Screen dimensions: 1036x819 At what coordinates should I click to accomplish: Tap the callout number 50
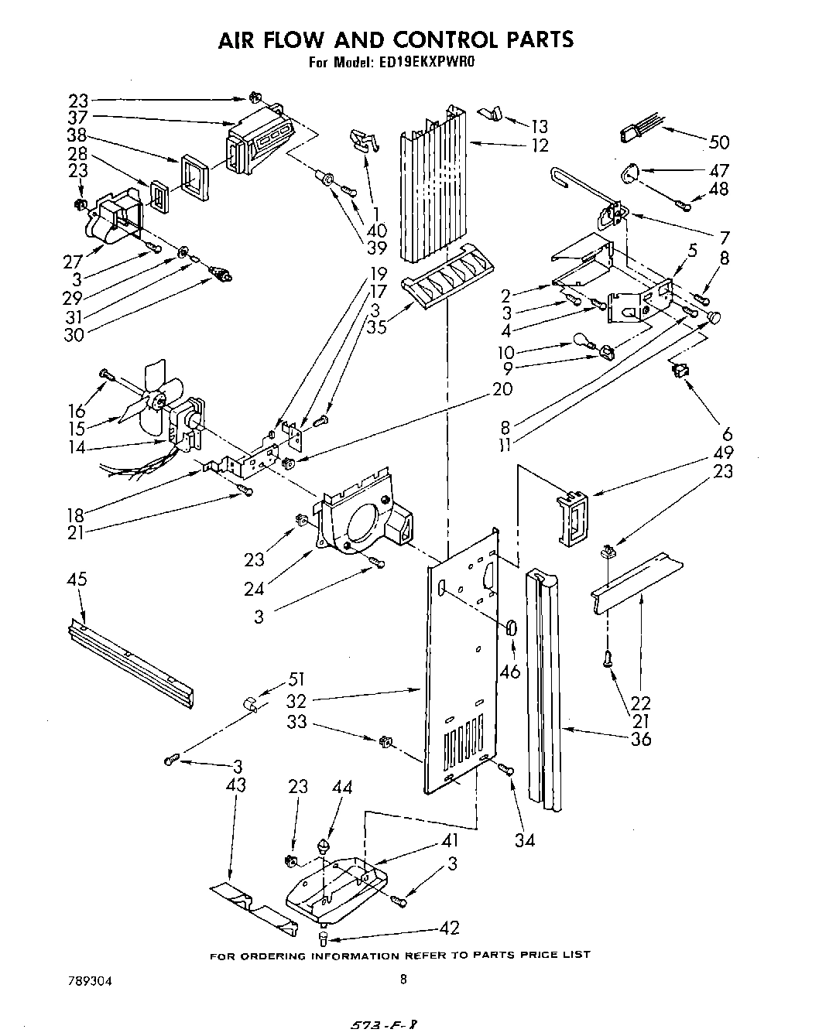coord(719,142)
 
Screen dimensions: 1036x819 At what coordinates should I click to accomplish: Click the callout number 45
coord(77,580)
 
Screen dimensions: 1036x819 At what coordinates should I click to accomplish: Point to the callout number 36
coord(640,739)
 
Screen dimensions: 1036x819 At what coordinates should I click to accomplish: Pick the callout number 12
coord(540,145)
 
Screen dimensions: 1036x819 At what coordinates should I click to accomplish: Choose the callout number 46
coord(509,672)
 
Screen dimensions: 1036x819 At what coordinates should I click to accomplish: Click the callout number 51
coord(296,680)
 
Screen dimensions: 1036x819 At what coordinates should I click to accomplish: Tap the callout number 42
coord(450,928)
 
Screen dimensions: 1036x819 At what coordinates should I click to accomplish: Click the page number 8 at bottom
coord(403,979)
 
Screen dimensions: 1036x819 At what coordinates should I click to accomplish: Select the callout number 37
coord(77,118)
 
